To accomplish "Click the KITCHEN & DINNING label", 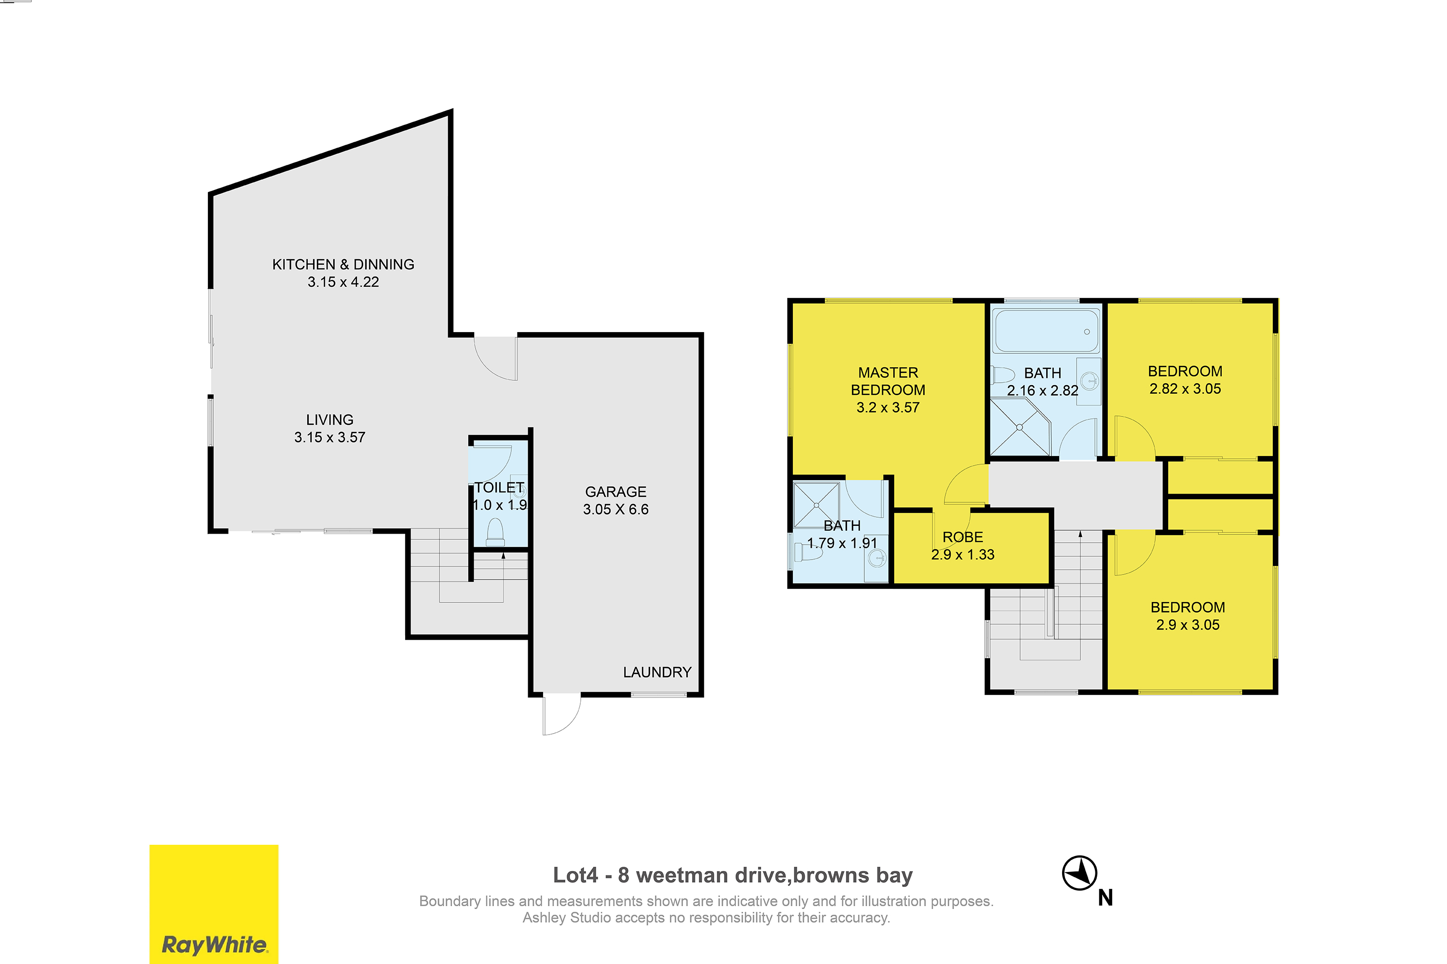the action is [x=343, y=264].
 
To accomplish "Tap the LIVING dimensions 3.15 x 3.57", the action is [x=330, y=437].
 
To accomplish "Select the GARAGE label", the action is [x=615, y=492].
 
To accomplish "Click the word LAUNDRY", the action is [x=657, y=672].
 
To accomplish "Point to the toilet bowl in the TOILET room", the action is [x=495, y=533].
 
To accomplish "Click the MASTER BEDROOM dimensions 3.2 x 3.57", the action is [x=888, y=408].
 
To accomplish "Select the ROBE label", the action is [x=963, y=537].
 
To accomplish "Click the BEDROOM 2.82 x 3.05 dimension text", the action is [x=1185, y=388].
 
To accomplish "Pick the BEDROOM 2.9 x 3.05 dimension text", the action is [x=1188, y=625].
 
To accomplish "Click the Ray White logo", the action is [x=214, y=904].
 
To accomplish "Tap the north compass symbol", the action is [x=1080, y=872].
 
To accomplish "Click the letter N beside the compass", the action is [x=1106, y=898].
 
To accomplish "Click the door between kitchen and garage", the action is [x=496, y=359].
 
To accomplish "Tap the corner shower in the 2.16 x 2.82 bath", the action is [x=1020, y=427].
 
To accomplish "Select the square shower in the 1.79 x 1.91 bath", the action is [x=817, y=505].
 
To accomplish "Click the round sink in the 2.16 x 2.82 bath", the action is [x=1090, y=381].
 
